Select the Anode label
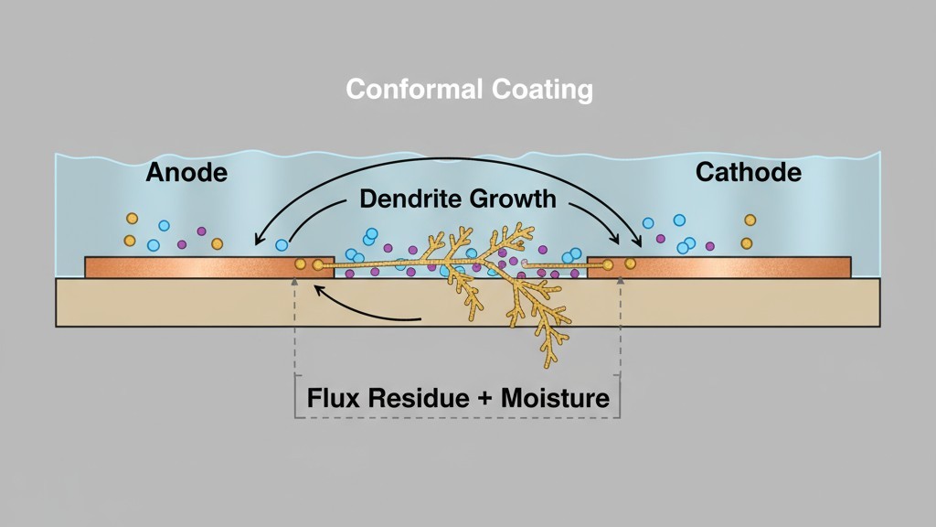(186, 172)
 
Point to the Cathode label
(749, 172)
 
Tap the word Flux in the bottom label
(333, 399)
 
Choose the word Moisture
(557, 399)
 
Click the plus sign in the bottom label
(483, 400)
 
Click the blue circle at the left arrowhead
(282, 245)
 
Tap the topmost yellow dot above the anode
(132, 219)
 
